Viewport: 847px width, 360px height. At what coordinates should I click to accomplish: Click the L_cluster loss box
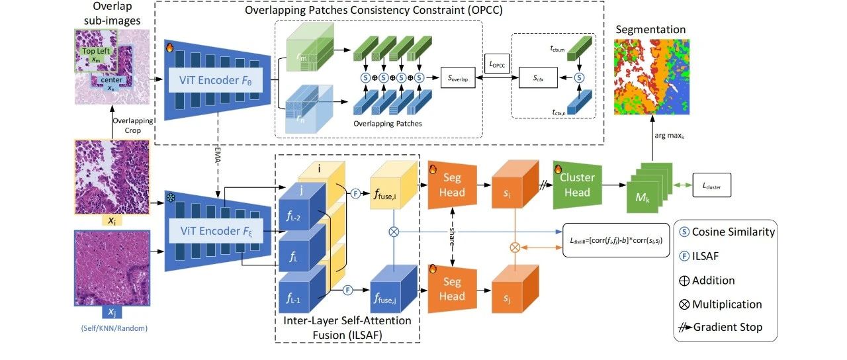[712, 186]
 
